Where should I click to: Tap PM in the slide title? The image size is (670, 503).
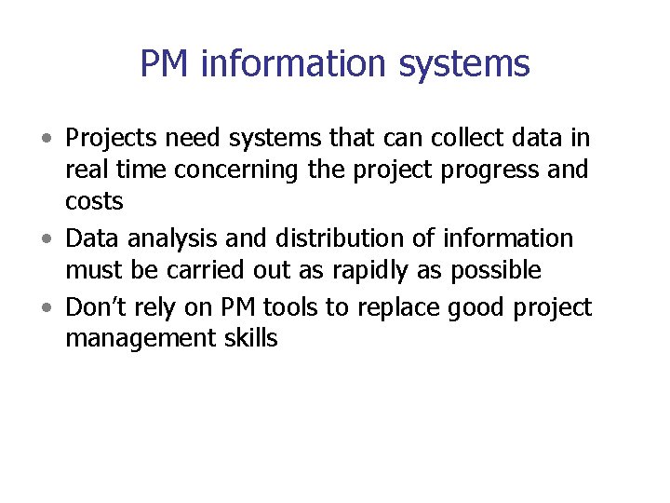click(x=165, y=64)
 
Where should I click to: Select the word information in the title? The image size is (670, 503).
click(x=290, y=64)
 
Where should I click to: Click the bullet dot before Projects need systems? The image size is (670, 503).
click(x=47, y=140)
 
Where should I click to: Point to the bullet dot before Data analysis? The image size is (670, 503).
click(x=47, y=239)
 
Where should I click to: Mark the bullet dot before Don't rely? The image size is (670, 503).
click(x=47, y=308)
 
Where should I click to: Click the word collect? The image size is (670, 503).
click(x=447, y=139)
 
